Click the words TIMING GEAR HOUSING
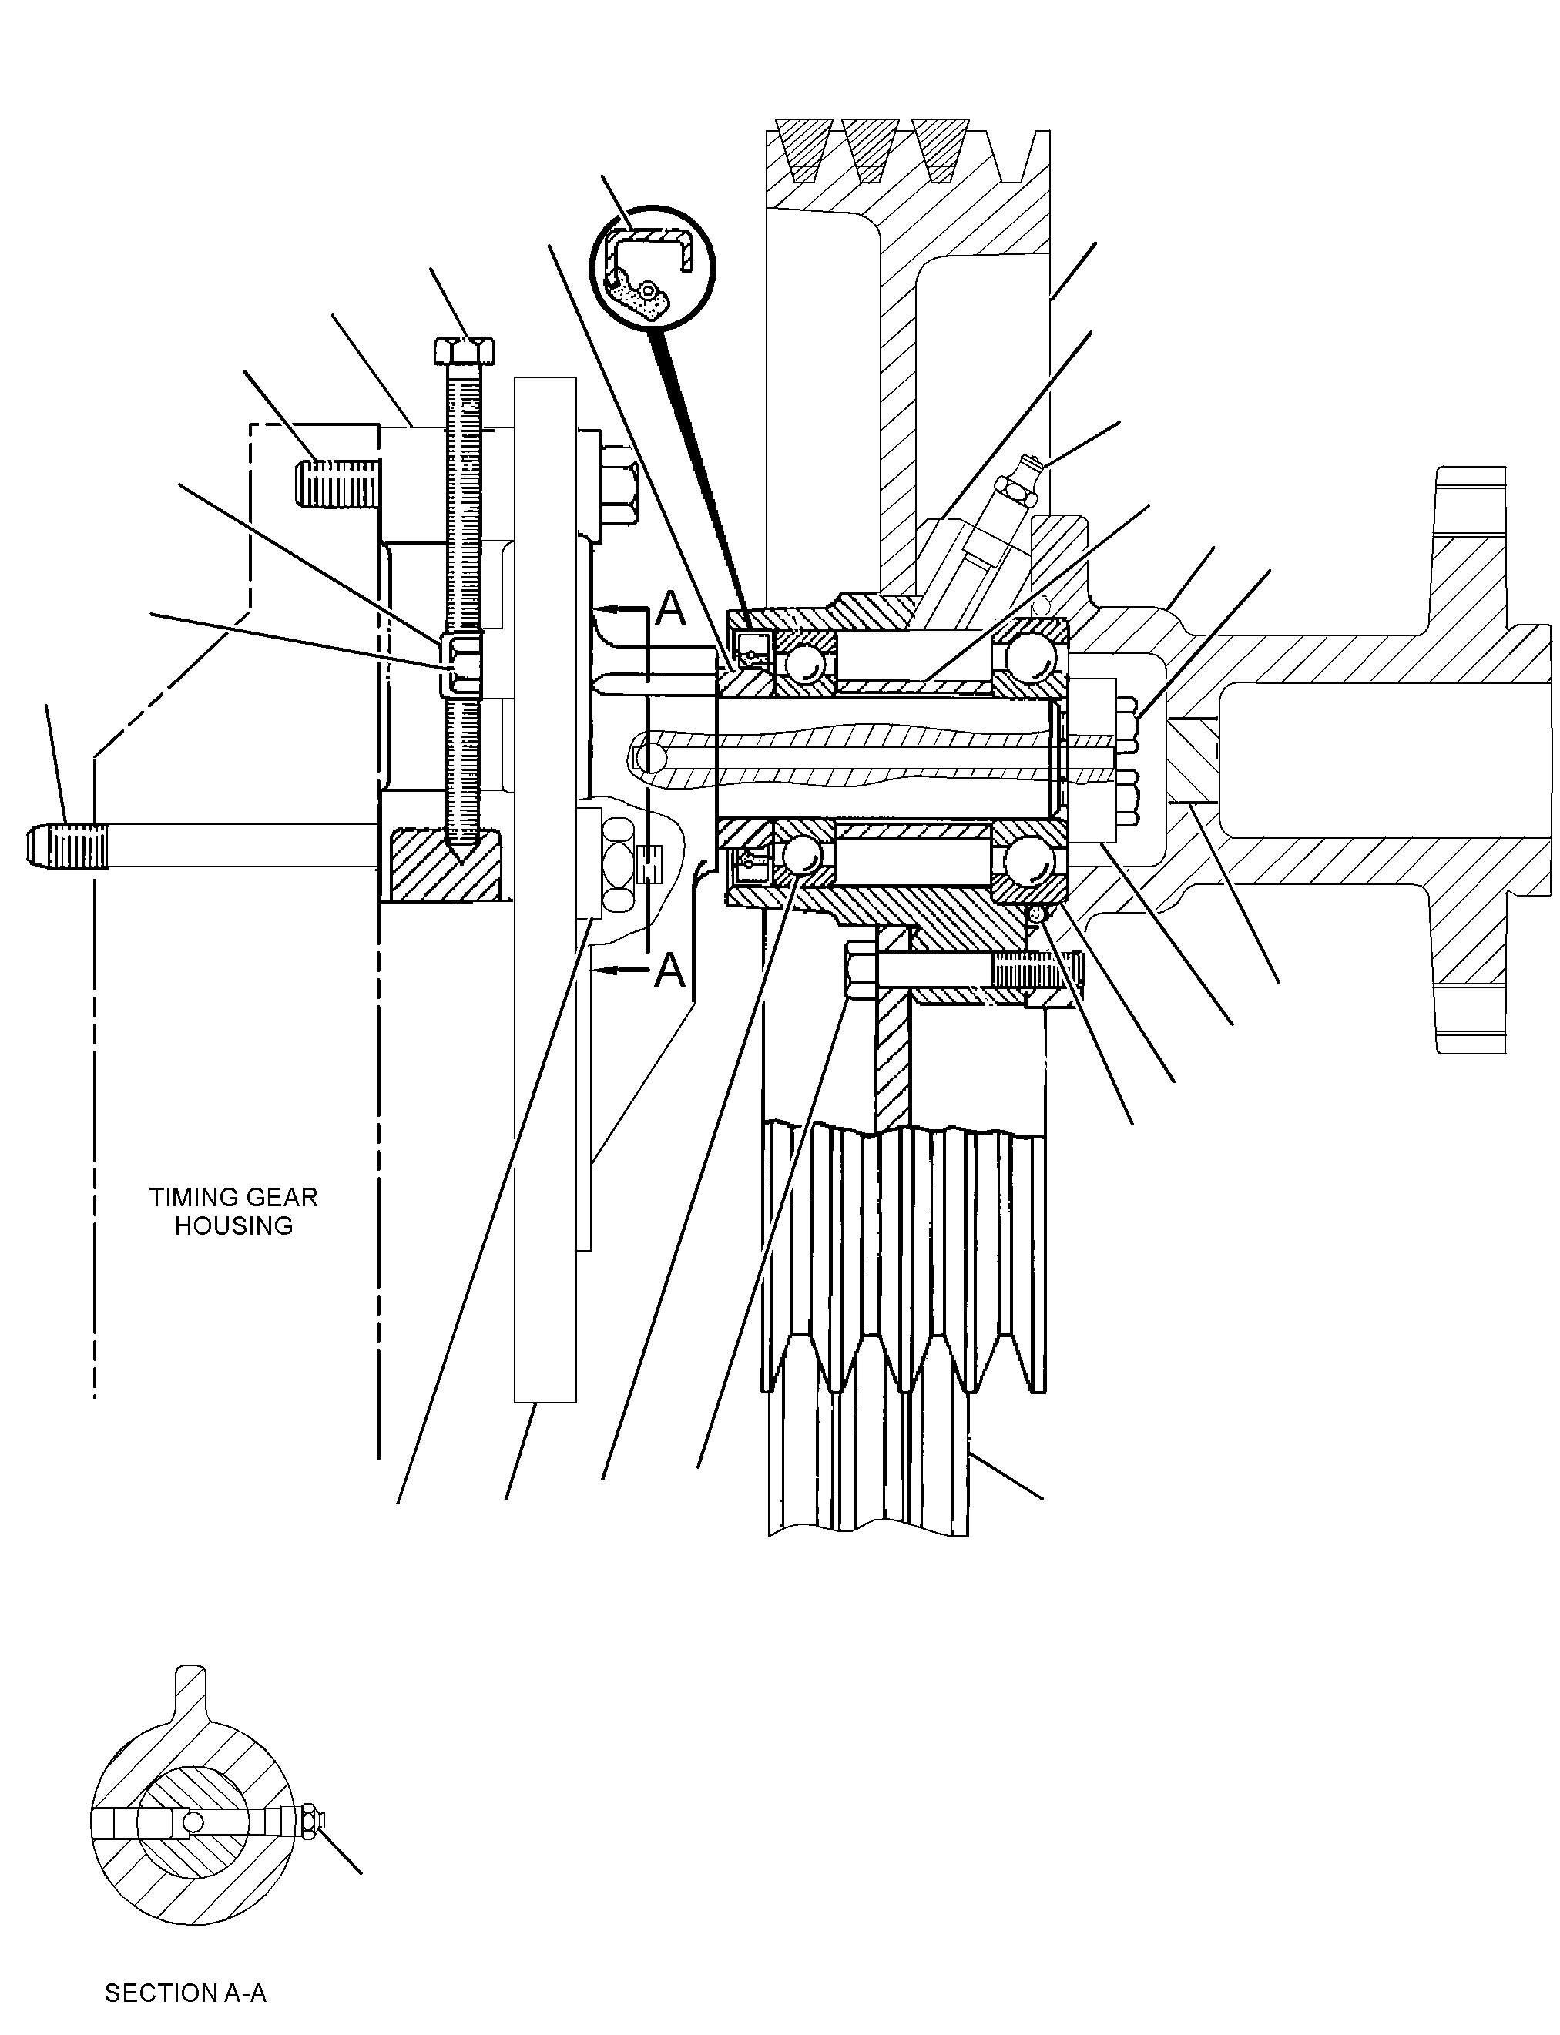(233, 1211)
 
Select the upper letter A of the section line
(670, 609)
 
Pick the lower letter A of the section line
(669, 971)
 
